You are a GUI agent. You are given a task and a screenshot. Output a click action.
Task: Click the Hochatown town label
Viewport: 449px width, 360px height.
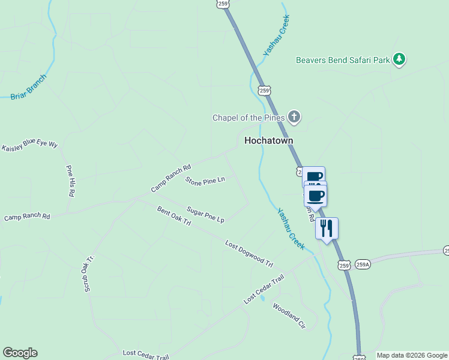point(268,140)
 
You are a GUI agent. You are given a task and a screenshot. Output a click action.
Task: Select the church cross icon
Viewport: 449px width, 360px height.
point(294,116)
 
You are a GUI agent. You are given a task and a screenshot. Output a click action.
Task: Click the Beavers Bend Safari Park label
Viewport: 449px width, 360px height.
point(343,59)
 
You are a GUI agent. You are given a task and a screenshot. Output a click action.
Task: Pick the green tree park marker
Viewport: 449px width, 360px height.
point(399,59)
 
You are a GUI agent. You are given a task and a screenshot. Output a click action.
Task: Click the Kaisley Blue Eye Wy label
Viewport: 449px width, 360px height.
point(29,146)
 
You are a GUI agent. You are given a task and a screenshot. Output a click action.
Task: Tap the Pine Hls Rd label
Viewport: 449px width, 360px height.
point(71,181)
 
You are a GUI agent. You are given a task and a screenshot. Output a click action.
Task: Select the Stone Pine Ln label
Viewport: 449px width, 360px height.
point(205,180)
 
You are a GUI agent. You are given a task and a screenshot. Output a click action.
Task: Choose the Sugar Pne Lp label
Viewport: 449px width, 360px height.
point(205,214)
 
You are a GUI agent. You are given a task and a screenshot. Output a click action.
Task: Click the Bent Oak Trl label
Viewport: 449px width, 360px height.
point(173,216)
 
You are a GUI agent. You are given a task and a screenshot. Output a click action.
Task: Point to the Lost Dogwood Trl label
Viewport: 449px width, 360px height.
point(249,254)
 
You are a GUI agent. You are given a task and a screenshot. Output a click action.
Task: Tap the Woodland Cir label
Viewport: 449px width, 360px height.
point(289,316)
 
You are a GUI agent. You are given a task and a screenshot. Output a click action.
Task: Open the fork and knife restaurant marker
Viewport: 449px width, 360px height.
point(327,228)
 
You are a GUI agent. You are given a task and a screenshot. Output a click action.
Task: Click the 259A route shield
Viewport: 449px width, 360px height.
point(363,264)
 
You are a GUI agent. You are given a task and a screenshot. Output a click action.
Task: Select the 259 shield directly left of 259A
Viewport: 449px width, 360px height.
point(343,265)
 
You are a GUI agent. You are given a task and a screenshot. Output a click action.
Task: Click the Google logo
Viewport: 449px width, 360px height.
point(20,353)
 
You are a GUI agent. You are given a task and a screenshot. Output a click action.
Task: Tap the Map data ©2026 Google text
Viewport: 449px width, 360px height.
point(411,355)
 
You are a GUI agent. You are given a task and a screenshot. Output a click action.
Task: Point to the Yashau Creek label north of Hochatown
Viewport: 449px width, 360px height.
point(276,37)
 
